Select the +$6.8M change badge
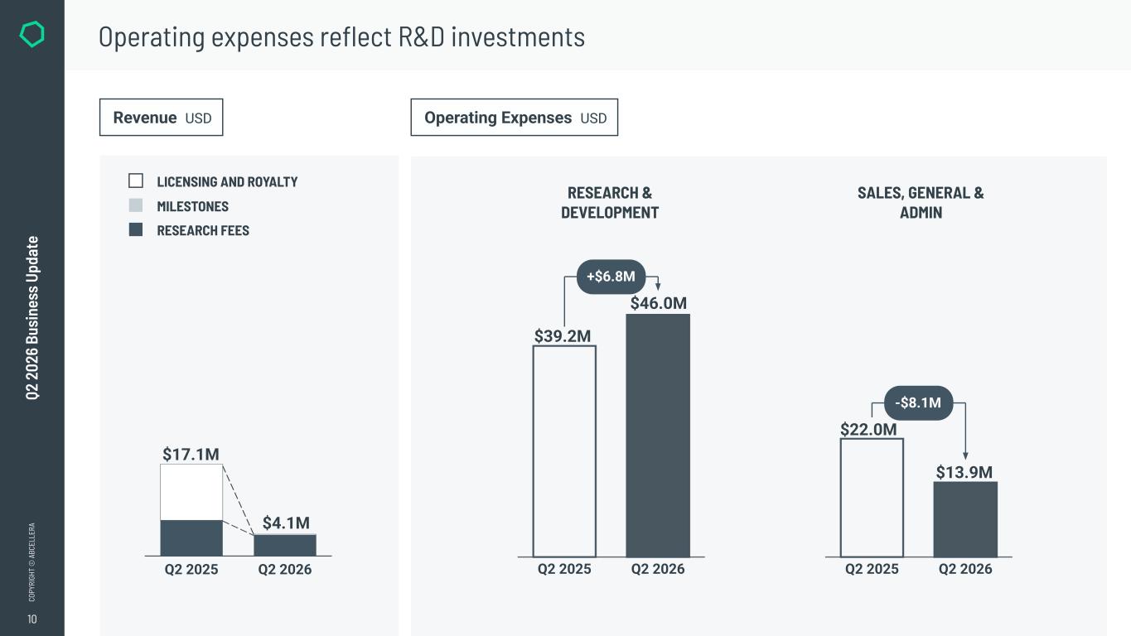coord(611,277)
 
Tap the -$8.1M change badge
coord(918,402)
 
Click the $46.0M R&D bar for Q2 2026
coord(658,435)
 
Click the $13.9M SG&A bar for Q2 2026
coord(965,519)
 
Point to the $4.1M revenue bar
coord(285,545)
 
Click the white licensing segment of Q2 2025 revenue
coord(191,492)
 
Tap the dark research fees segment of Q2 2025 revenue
coord(191,538)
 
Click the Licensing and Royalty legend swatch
coord(136,181)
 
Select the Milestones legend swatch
coord(136,205)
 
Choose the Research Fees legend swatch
coord(136,229)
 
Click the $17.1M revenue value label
coord(191,455)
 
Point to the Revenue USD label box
coord(161,117)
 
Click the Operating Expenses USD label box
coord(514,117)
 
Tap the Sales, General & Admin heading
coord(921,202)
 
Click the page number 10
coord(32,619)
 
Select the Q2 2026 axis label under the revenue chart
coord(285,570)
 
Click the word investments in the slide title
coord(518,36)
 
